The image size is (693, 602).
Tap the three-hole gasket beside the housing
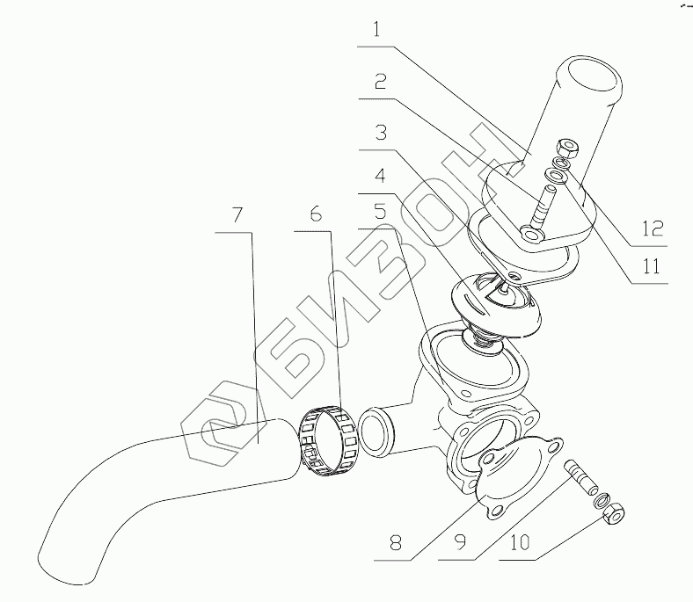point(515,478)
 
